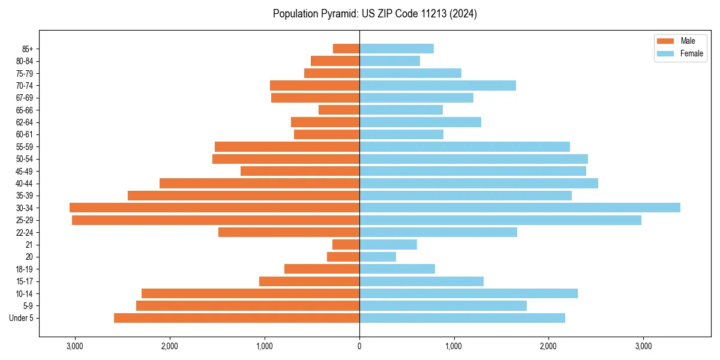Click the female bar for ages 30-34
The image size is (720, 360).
520,208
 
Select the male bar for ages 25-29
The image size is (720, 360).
215,220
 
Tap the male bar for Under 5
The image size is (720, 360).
236,318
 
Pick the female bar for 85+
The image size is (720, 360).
397,49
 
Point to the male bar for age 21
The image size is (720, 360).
346,245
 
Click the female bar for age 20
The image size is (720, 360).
377,257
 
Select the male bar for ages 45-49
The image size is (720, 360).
300,171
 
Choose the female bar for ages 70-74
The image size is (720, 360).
437,85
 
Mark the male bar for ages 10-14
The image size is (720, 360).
250,293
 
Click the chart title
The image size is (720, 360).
374,14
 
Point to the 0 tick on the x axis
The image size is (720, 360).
359,346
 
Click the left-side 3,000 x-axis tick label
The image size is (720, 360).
75,346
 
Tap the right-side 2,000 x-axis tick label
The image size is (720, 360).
548,346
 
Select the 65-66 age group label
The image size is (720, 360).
24,110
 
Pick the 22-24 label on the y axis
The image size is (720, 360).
24,233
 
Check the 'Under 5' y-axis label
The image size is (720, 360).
22,318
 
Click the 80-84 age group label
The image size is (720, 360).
24,61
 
